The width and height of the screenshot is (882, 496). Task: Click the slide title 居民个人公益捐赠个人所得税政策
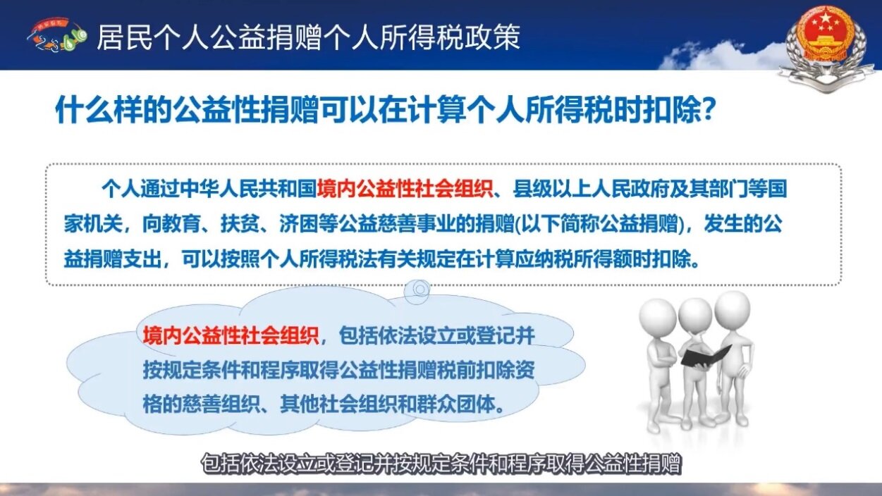[308, 37]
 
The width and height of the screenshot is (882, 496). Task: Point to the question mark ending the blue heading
[709, 111]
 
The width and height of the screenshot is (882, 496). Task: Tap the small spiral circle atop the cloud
[421, 288]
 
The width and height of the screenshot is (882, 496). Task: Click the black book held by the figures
[705, 353]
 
